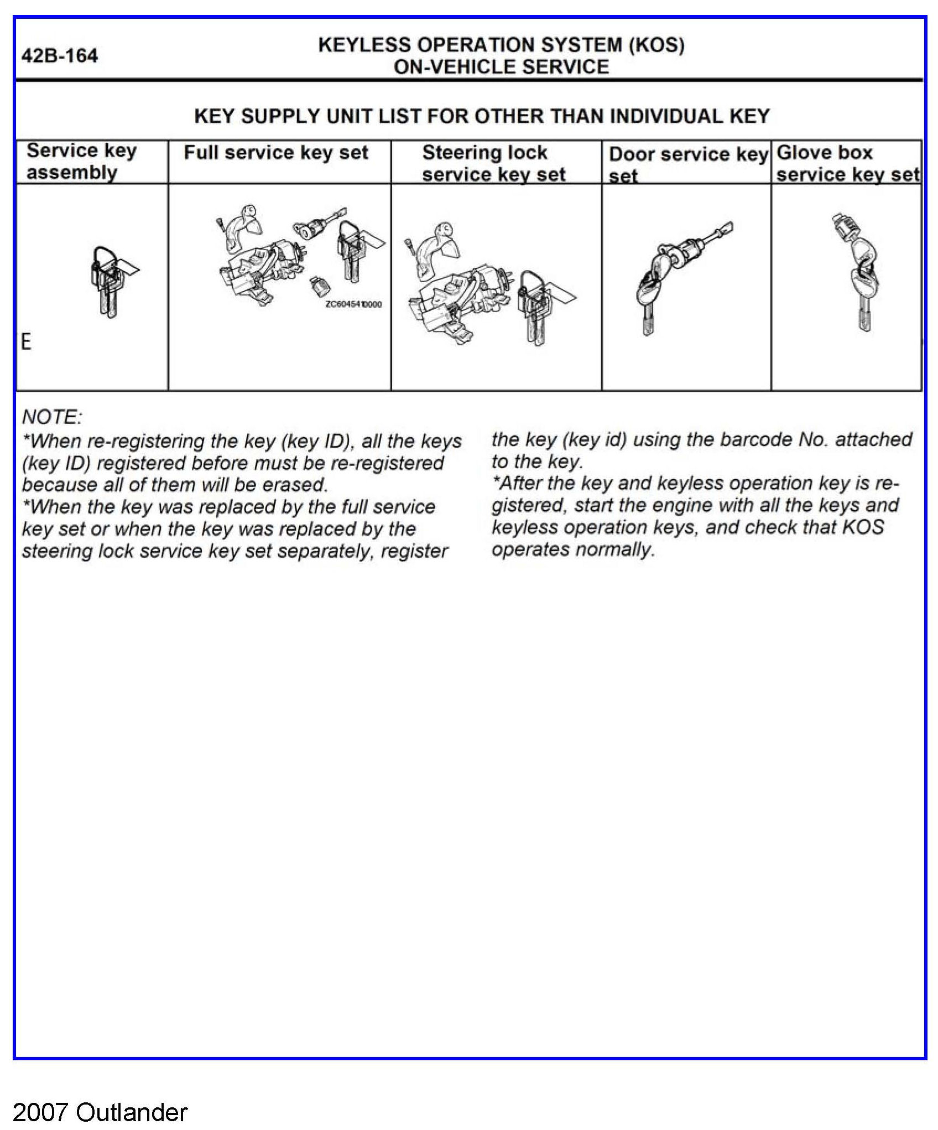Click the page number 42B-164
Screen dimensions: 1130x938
59,56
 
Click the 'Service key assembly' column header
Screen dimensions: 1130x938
81,161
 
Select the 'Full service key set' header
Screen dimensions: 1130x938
275,153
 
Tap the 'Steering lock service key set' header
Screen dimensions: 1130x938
493,163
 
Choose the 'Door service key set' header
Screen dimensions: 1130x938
687,164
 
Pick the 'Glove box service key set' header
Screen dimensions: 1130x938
847,163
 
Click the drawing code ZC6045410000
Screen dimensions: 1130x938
353,304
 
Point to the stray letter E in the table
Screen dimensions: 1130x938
26,342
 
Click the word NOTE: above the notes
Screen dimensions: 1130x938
52,417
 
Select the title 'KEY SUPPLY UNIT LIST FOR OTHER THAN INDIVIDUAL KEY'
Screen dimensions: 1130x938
482,116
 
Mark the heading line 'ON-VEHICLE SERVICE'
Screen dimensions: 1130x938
501,67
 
